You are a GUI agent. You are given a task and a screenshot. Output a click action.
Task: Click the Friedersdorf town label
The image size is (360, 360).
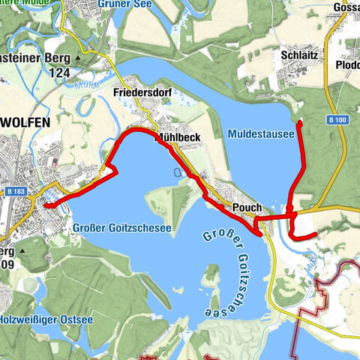click(x=139, y=93)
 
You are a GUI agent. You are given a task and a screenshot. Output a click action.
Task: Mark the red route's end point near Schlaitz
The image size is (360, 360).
click(x=300, y=122)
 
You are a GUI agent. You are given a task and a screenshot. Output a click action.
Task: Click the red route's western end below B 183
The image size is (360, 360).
click(x=46, y=203)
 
